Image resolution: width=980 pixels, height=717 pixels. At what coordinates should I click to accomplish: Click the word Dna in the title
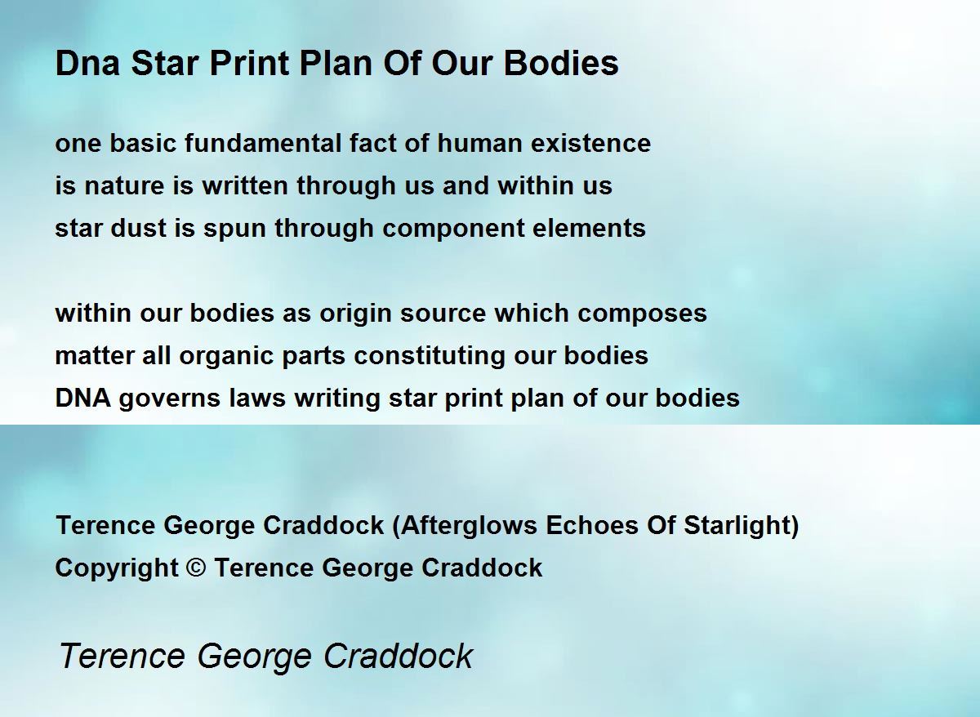click(87, 63)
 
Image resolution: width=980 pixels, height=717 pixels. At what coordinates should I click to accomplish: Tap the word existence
click(590, 143)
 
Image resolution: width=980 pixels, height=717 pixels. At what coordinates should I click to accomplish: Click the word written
click(244, 185)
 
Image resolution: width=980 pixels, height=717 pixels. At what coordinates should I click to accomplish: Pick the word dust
click(138, 228)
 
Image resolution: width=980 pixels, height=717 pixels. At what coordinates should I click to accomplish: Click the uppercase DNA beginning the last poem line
click(82, 398)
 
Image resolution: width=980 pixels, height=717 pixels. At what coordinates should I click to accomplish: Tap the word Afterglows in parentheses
click(469, 525)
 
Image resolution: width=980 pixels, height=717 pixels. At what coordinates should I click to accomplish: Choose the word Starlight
click(737, 525)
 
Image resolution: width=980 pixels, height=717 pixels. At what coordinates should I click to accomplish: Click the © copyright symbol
click(196, 568)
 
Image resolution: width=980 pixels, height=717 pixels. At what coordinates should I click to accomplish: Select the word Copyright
click(117, 568)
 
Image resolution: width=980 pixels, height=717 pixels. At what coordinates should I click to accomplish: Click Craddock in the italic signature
click(399, 656)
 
